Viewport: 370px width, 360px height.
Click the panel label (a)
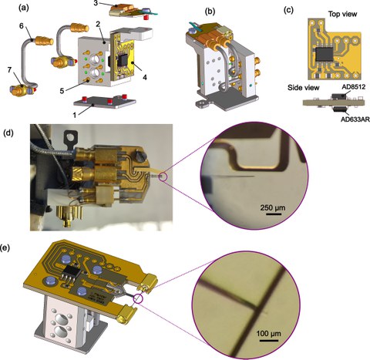24,8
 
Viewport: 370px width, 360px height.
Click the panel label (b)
210,12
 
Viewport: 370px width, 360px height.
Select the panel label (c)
288,10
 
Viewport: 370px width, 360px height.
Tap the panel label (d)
10,133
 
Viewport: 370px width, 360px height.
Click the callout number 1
75,116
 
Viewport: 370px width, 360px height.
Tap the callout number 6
22,26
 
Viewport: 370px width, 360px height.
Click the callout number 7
10,70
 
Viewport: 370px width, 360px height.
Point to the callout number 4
145,77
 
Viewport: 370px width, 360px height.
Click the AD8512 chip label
354,87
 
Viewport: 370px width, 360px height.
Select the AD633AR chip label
355,119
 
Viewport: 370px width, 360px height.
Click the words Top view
343,14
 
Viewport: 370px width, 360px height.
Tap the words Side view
304,88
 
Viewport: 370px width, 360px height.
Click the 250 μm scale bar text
273,207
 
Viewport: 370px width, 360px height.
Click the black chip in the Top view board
325,54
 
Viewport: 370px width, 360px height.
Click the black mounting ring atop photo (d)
69,136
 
